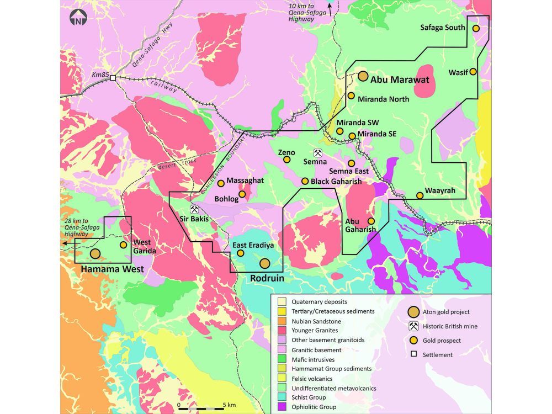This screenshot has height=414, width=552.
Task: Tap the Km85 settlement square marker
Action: pyautogui.click(x=113, y=78)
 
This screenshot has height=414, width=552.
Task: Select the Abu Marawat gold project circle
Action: pyautogui.click(x=363, y=76)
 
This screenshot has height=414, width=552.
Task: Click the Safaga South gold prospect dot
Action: pyautogui.click(x=475, y=28)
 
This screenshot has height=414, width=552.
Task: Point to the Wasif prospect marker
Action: pyautogui.click(x=473, y=72)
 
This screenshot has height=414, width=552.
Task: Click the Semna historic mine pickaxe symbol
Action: pyautogui.click(x=318, y=152)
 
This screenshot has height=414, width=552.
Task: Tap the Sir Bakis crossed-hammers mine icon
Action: pyautogui.click(x=194, y=210)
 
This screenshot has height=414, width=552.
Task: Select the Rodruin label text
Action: pyautogui.click(x=267, y=279)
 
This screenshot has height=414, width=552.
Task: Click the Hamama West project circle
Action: pyautogui.click(x=95, y=254)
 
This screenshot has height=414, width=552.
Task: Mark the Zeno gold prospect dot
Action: pyautogui.click(x=287, y=160)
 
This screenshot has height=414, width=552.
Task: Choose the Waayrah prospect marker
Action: pyautogui.click(x=420, y=195)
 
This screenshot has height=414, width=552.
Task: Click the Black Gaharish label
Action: pyautogui.click(x=336, y=182)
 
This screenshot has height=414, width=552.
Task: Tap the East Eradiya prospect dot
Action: pyautogui.click(x=241, y=253)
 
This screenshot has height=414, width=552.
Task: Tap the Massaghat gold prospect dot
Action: pyautogui.click(x=221, y=183)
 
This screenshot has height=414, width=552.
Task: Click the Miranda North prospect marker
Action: pyautogui.click(x=351, y=95)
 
